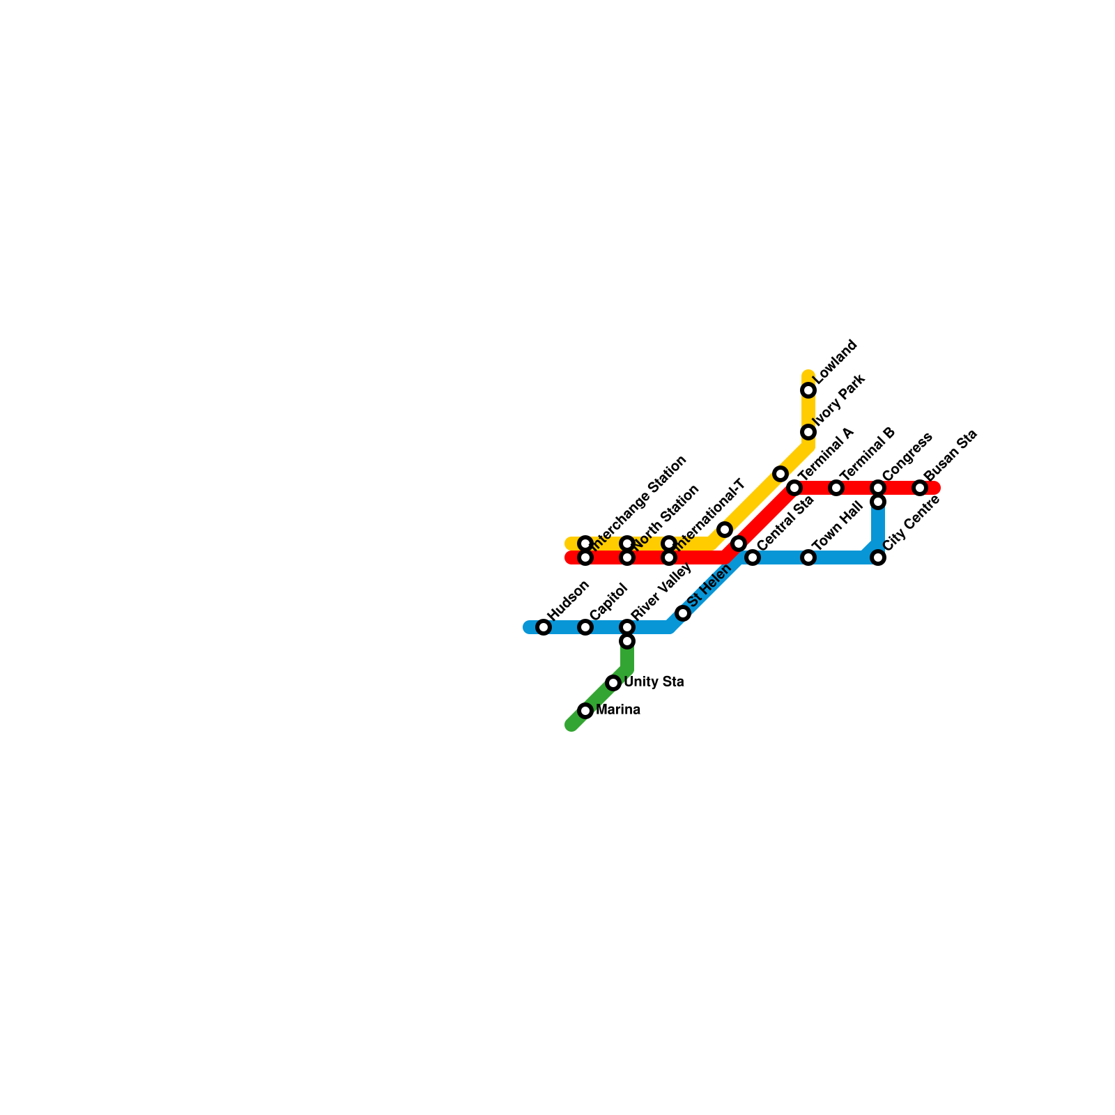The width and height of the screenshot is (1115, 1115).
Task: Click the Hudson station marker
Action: pyautogui.click(x=544, y=627)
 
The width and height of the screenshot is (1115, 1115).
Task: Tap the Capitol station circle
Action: pyautogui.click(x=585, y=627)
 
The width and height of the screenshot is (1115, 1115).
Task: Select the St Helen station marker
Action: pyautogui.click(x=683, y=613)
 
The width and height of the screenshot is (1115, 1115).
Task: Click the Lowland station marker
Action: pyautogui.click(x=808, y=390)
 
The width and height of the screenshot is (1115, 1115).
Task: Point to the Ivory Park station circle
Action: pyautogui.click(x=808, y=432)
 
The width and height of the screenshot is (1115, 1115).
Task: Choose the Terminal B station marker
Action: pyautogui.click(x=836, y=488)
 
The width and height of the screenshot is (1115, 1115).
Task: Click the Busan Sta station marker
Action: pyautogui.click(x=920, y=488)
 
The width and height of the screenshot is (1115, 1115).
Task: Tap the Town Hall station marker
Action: pyautogui.click(x=808, y=557)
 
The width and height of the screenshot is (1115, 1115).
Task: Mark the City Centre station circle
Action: pyautogui.click(x=878, y=557)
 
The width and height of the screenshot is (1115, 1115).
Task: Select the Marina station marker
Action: pyautogui.click(x=585, y=711)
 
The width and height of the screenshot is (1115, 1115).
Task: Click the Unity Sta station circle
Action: pyautogui.click(x=613, y=683)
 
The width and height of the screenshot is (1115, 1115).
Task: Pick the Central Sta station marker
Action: pyautogui.click(x=753, y=557)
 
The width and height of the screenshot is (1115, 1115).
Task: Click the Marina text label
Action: pyautogui.click(x=618, y=710)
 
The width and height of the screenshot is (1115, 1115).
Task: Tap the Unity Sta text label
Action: pyautogui.click(x=654, y=682)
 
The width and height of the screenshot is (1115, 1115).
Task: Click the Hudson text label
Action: pyautogui.click(x=569, y=599)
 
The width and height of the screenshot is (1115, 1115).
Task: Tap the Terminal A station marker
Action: pyautogui.click(x=794, y=488)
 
